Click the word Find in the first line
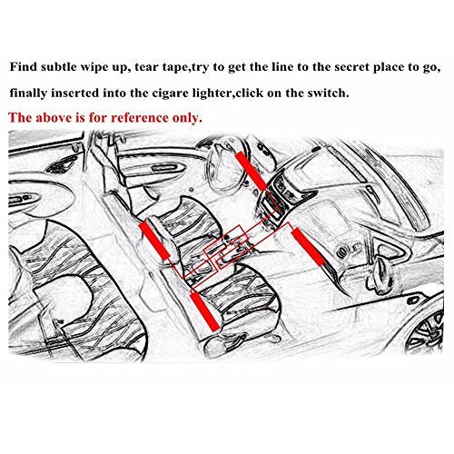[23, 66]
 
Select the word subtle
[58, 66]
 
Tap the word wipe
[92, 67]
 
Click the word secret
[351, 67]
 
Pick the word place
[389, 67]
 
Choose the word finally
[28, 93]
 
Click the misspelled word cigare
[171, 94]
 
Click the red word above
[54, 118]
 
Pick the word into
[114, 93]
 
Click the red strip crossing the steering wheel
[251, 172]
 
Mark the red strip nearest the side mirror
[308, 246]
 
